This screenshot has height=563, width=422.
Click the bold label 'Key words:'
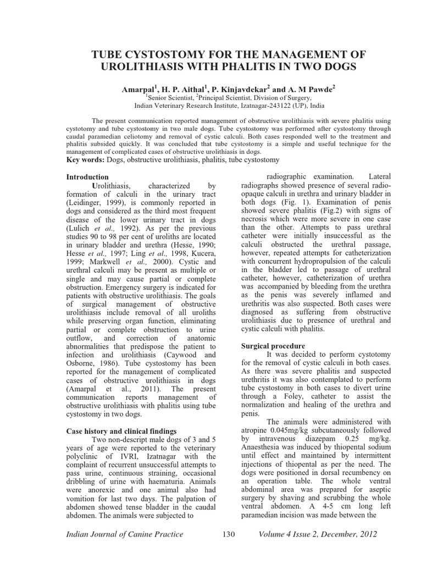pos(88,159)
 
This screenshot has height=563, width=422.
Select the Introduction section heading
pos(87,178)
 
